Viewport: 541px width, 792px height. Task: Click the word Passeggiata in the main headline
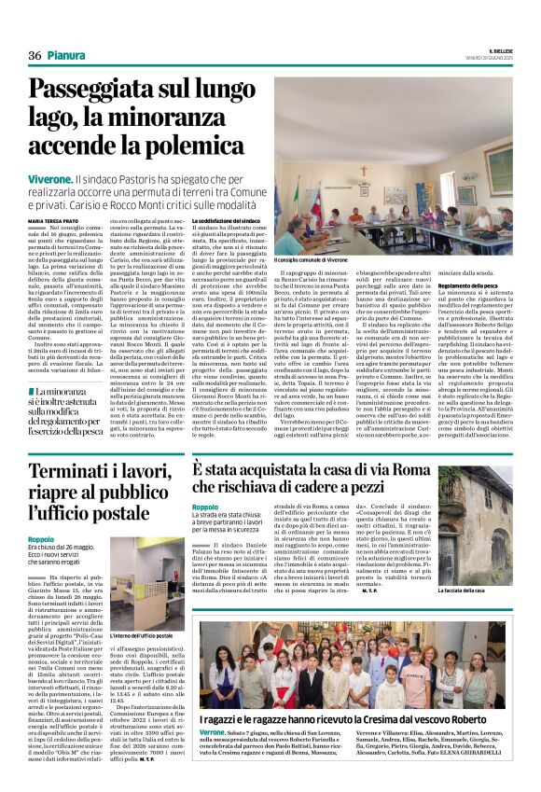(x=102, y=91)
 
